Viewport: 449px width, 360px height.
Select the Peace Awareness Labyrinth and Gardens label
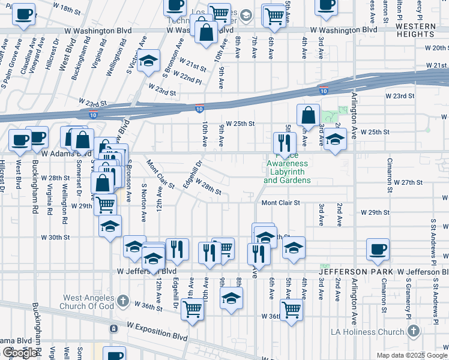coord(287,172)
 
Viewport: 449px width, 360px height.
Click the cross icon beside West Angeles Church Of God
coord(122,301)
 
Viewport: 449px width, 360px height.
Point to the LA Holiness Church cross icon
coord(414,332)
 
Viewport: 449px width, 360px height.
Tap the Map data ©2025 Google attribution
coord(411,355)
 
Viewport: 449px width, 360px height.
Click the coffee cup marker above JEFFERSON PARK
coord(378,249)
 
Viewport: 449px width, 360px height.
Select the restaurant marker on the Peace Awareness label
coord(284,143)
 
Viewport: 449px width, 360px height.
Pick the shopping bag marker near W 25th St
coord(308,115)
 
